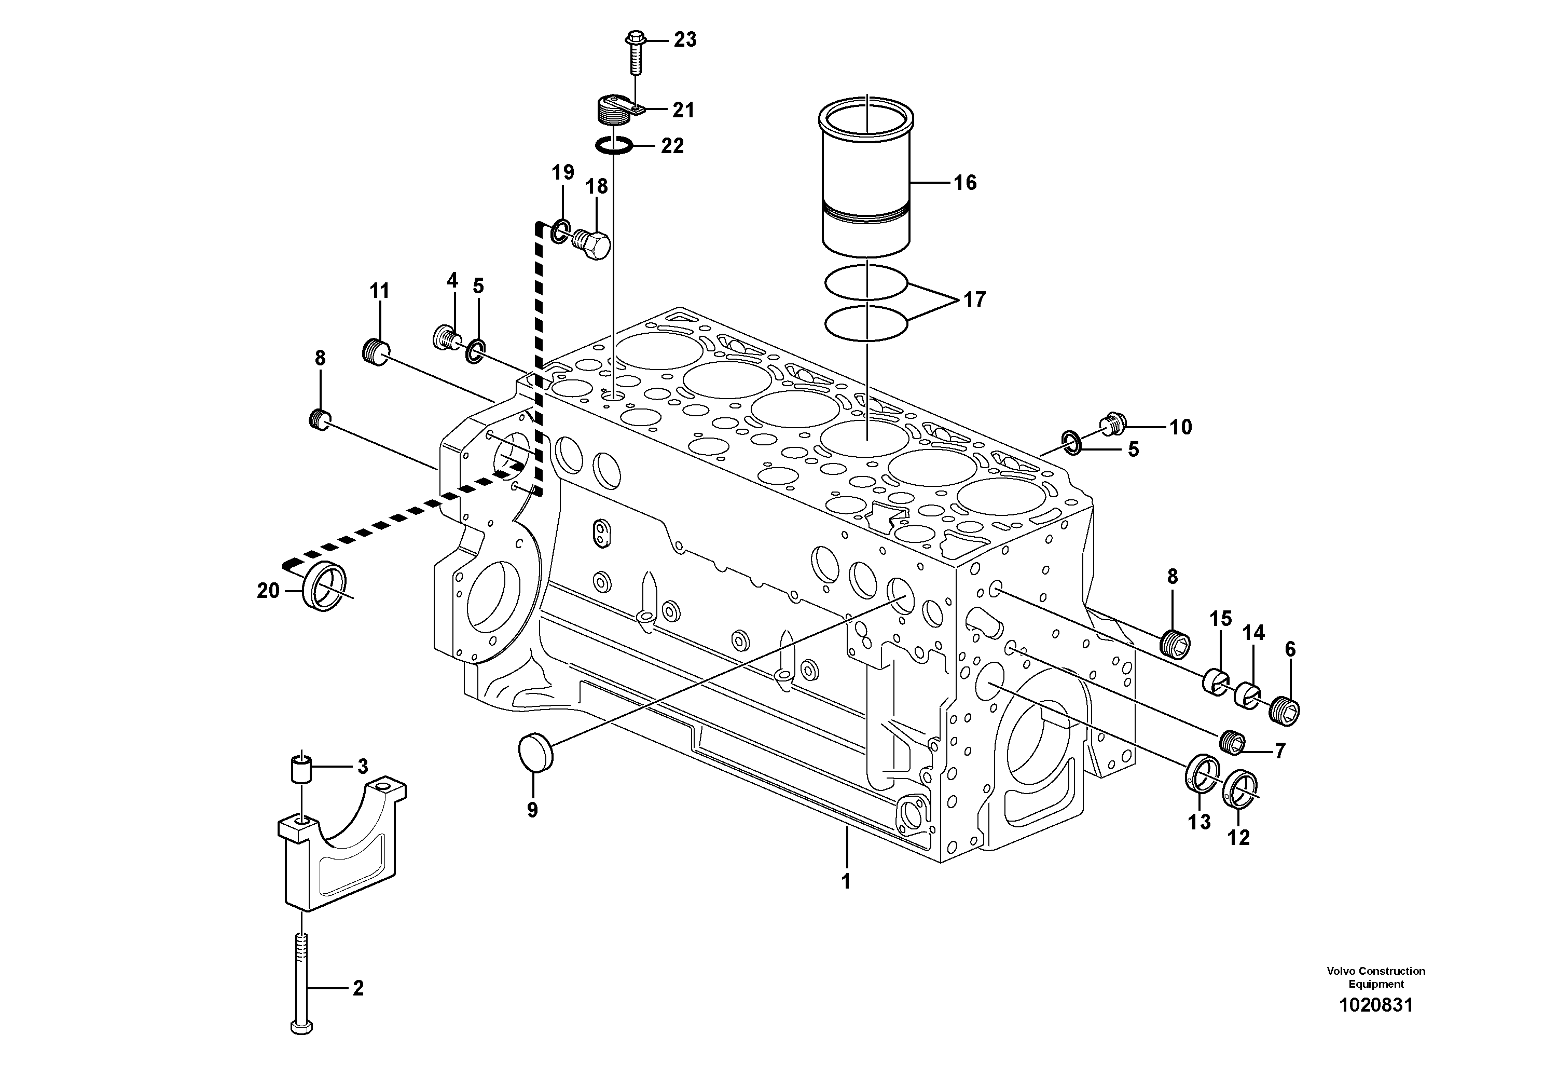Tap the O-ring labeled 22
tap(614, 145)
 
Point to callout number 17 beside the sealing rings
tap(974, 299)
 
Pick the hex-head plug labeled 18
tap(593, 244)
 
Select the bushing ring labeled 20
tap(325, 584)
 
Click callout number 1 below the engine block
tap(846, 881)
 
